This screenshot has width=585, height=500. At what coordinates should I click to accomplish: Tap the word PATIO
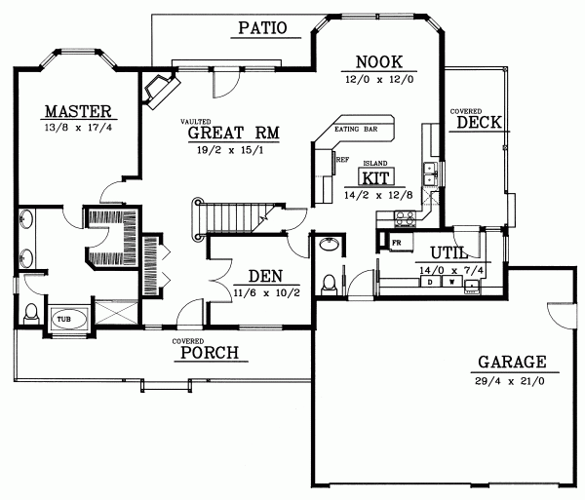[261, 28]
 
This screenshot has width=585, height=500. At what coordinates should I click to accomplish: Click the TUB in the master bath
[63, 319]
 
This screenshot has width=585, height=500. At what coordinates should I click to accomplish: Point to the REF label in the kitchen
[341, 157]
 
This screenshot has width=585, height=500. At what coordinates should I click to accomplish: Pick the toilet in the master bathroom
[31, 314]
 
